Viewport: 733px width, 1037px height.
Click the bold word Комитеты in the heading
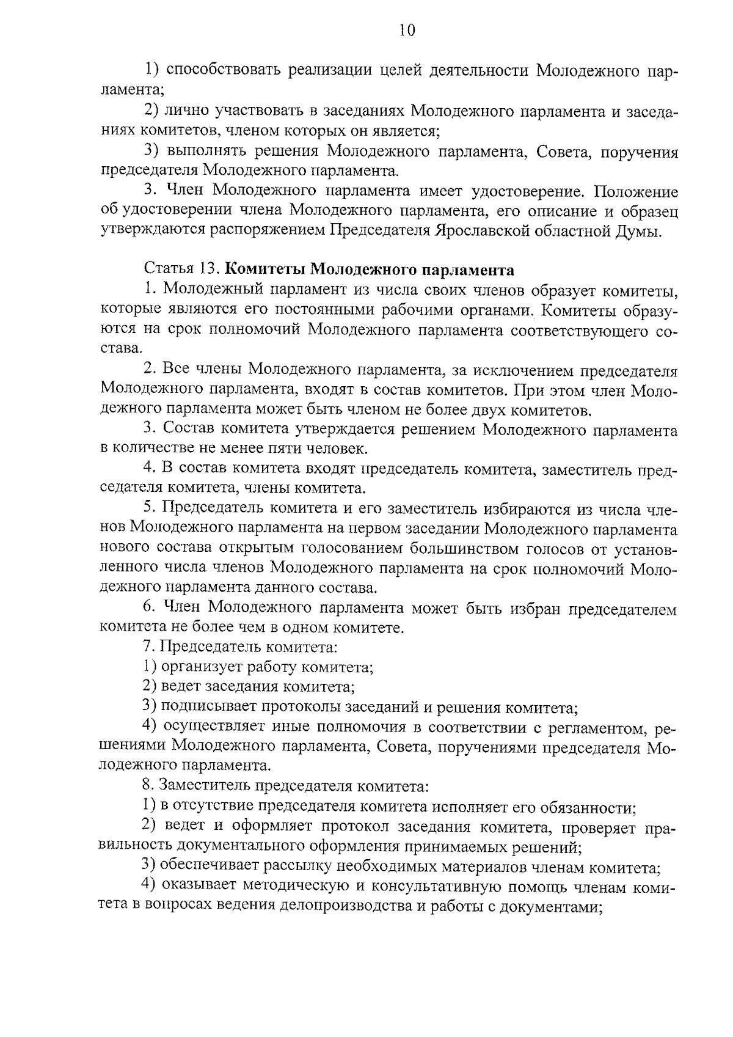(x=263, y=269)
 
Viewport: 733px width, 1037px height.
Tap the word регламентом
(x=590, y=727)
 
